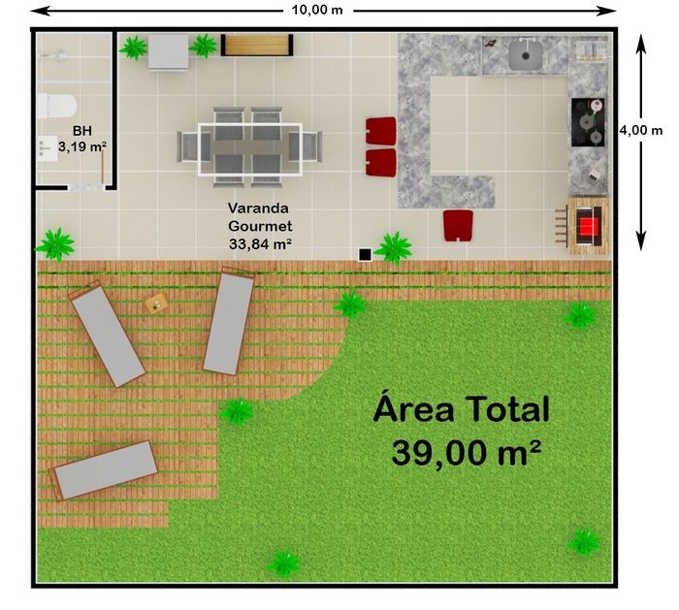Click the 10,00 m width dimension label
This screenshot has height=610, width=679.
[x=317, y=10]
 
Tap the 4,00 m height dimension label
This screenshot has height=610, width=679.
[x=640, y=130]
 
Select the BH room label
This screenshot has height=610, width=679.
[x=82, y=130]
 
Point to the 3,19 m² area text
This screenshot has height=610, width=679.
[x=82, y=146]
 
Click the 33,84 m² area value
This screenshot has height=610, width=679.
[x=260, y=244]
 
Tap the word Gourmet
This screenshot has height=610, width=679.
[x=260, y=226]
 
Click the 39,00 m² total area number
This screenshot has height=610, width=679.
[x=466, y=453]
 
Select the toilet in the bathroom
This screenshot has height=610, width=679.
[x=56, y=106]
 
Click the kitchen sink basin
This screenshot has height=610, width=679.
[x=526, y=54]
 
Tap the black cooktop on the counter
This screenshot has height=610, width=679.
[x=588, y=122]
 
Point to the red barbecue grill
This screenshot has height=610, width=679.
[x=587, y=226]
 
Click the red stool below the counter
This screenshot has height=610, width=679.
[x=458, y=225]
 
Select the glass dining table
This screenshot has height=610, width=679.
[x=250, y=149]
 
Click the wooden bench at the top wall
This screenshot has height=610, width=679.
[x=257, y=45]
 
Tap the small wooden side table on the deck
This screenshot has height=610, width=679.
[x=156, y=304]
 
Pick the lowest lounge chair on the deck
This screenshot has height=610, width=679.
[x=104, y=470]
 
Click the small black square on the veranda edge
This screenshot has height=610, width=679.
[x=365, y=255]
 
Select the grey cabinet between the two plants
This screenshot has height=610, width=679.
[x=169, y=52]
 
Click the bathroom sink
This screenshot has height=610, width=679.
[x=47, y=147]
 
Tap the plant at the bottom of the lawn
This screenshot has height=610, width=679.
[x=283, y=562]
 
